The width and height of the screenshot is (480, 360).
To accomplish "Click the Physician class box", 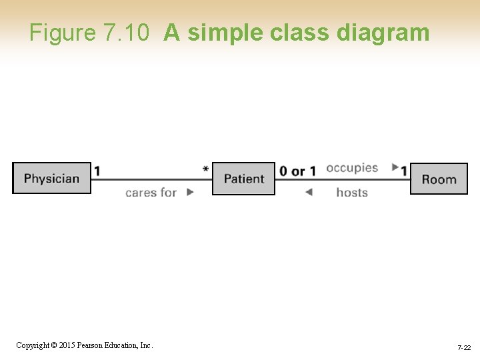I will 51,178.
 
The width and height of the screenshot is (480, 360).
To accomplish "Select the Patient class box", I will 243,179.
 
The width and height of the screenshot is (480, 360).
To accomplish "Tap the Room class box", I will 439,179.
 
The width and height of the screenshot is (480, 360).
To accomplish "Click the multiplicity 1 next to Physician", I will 97,171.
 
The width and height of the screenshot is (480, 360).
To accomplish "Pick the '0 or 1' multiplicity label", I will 297,171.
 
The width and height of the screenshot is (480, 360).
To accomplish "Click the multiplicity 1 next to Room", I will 404,171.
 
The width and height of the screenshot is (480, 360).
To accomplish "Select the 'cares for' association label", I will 151,193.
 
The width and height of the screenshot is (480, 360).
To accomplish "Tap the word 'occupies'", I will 352,168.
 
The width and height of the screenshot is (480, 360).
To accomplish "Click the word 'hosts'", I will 352,193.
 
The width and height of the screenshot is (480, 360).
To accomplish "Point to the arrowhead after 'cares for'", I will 190,192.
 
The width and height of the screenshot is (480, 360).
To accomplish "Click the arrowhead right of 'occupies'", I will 395,167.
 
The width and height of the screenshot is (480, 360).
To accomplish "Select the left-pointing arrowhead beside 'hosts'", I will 308,193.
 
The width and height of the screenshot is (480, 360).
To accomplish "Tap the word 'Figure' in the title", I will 63,33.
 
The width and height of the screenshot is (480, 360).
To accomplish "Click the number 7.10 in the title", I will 127,33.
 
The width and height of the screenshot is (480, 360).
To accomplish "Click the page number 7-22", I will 464,348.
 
